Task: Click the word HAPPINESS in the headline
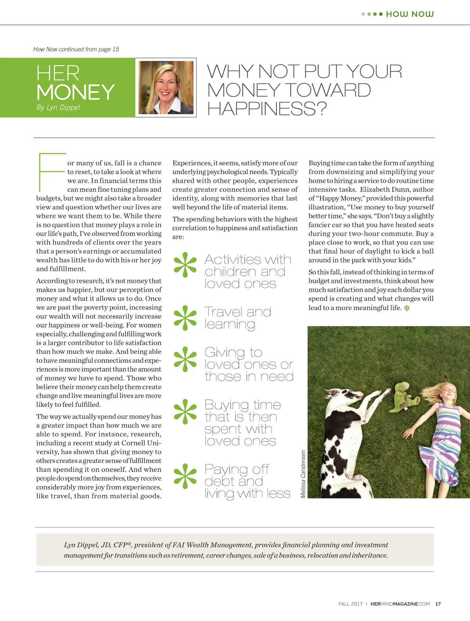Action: pyautogui.click(x=266, y=109)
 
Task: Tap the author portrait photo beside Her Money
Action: pyautogui.click(x=166, y=88)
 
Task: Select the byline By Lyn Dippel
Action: pyautogui.click(x=58, y=107)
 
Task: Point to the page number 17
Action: pyautogui.click(x=438, y=604)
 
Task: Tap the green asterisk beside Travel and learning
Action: pyautogui.click(x=185, y=317)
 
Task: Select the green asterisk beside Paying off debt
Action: pyautogui.click(x=185, y=476)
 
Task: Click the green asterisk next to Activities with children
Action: pyautogui.click(x=185, y=265)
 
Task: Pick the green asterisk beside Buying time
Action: pyautogui.click(x=185, y=412)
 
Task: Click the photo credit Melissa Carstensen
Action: pyautogui.click(x=303, y=474)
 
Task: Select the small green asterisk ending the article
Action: pyautogui.click(x=407, y=308)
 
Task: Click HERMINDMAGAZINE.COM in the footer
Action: pyautogui.click(x=400, y=604)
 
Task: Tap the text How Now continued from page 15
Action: pyautogui.click(x=76, y=49)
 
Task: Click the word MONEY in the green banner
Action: pyautogui.click(x=76, y=92)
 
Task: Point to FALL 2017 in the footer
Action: pyautogui.click(x=351, y=604)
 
